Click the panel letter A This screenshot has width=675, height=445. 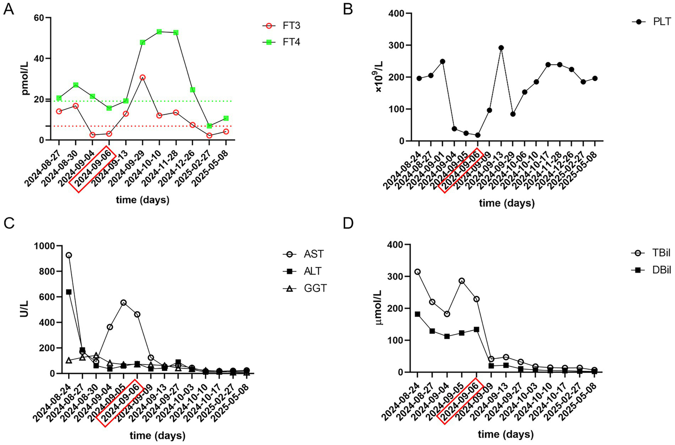pyautogui.click(x=8, y=9)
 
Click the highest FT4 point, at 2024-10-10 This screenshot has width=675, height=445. pyautogui.click(x=159, y=32)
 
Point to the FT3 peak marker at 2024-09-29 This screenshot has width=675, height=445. pyautogui.click(x=142, y=77)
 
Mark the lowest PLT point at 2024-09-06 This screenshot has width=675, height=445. pyautogui.click(x=478, y=135)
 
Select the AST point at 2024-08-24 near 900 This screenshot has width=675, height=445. pyautogui.click(x=69, y=255)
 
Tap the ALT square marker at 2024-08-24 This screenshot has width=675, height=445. pyautogui.click(x=69, y=292)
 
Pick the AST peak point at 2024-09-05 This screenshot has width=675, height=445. pyautogui.click(x=124, y=302)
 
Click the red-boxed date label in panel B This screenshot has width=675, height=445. pyautogui.click(x=460, y=170)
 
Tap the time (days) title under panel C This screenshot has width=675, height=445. pyautogui.click(x=157, y=435)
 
